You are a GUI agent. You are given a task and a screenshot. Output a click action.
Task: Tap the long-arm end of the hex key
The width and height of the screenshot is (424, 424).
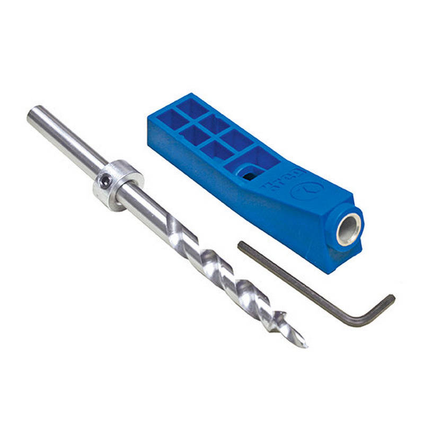(241, 245)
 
